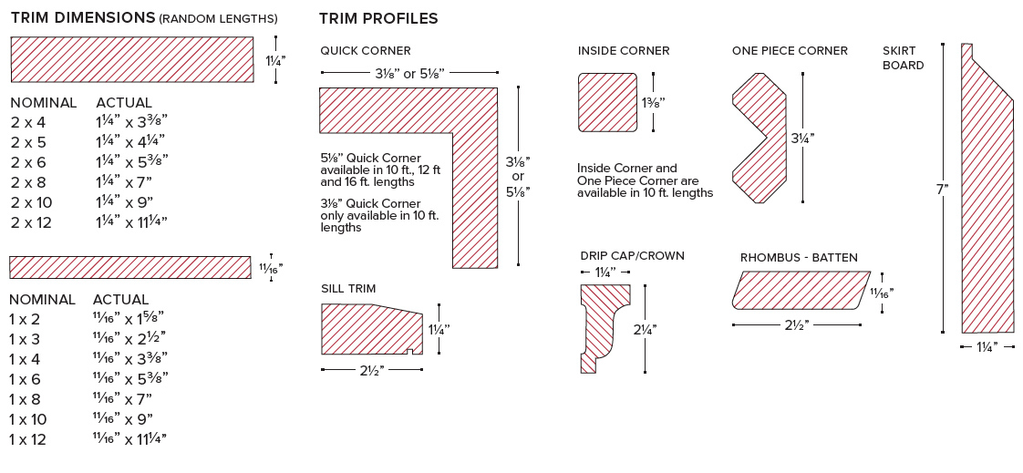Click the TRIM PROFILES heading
click(378, 18)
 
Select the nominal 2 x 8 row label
click(28, 182)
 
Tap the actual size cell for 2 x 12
click(132, 222)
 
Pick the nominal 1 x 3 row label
click(24, 339)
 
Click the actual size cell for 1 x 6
click(130, 378)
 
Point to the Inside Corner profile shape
click(608, 102)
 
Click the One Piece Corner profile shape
click(759, 138)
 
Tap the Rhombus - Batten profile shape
click(801, 291)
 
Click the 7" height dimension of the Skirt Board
click(942, 190)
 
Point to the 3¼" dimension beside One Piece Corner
click(803, 139)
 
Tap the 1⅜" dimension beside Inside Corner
click(654, 103)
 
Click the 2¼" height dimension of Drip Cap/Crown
click(646, 330)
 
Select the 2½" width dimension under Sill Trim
click(372, 370)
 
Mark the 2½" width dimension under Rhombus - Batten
click(797, 324)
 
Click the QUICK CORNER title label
click(366, 51)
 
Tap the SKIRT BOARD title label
click(904, 58)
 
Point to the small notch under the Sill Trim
click(409, 353)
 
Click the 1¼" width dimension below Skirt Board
click(988, 347)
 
